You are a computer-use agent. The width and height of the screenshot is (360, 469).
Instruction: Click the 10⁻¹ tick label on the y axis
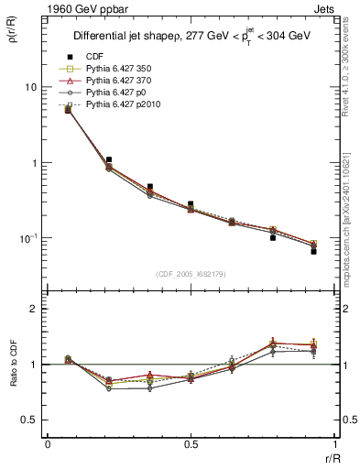pos(27,238)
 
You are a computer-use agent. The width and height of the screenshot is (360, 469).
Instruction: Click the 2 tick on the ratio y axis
pos(32,309)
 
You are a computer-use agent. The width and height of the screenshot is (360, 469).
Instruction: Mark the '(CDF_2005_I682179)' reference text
pos(190,274)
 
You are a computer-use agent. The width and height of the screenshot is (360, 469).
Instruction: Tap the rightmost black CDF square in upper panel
pos(313,251)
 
